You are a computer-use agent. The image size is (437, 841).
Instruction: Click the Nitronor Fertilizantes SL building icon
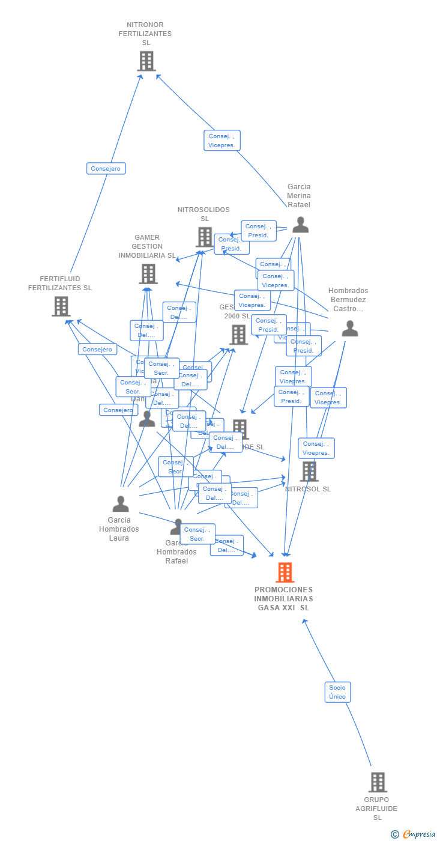click(146, 61)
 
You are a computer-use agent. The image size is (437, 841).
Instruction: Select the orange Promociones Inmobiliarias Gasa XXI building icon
click(285, 572)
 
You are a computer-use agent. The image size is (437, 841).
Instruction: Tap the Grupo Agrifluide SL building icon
click(377, 782)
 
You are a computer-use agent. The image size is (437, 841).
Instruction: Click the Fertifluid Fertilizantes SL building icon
click(61, 306)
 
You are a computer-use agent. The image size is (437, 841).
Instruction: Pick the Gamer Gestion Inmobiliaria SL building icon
click(148, 274)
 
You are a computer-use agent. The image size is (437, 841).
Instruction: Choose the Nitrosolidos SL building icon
click(204, 237)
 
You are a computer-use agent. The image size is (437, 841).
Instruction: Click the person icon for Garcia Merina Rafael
click(300, 225)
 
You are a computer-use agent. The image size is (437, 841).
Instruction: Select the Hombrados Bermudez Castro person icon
click(349, 329)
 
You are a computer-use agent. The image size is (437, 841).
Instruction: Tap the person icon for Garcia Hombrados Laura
click(121, 504)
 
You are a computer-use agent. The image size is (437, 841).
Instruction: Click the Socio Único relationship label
click(337, 692)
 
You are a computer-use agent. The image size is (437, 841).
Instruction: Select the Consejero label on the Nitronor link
click(106, 169)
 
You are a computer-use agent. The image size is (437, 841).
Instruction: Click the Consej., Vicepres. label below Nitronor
click(222, 141)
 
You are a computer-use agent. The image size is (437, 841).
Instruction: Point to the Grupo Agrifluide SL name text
click(377, 809)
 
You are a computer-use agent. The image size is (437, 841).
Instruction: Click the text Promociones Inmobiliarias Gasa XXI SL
click(283, 598)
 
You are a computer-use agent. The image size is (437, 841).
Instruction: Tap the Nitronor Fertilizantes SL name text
click(145, 34)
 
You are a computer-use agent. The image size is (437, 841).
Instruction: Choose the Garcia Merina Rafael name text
click(299, 196)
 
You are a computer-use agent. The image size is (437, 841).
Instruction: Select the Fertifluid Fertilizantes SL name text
click(60, 284)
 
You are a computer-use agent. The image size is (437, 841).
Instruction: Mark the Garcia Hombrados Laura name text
click(119, 529)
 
